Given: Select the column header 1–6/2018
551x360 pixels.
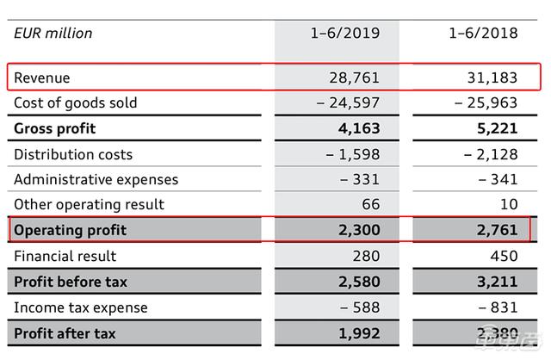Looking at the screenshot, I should coord(483,34).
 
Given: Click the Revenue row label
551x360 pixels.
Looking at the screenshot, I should coord(42,78).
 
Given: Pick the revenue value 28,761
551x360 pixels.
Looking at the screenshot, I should coord(355,78).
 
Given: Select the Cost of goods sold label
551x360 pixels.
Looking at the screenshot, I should coord(76,103).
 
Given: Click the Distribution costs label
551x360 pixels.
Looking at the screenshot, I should coord(74,155).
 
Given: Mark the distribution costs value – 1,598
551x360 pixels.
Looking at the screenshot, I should coord(348,155).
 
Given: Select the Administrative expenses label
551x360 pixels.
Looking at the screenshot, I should coord(96,180).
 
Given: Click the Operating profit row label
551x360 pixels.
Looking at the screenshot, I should coord(71,230).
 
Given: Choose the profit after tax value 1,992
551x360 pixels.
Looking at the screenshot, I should coord(356,333).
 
